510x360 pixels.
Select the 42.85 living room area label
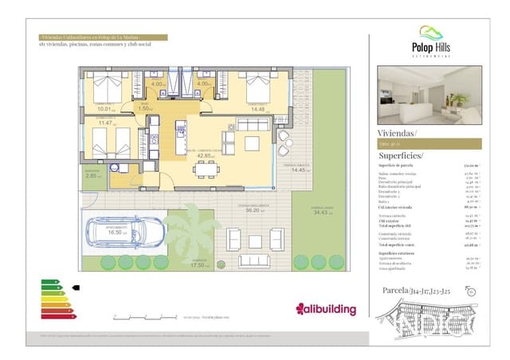pos(194,155)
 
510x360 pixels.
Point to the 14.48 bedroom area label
pos(257,109)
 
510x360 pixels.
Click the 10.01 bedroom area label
pos(104,109)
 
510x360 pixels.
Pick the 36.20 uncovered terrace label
pos(253,211)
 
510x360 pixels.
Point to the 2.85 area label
pos(93,174)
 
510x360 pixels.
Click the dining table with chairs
pos(206,168)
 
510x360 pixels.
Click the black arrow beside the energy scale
pos(76,288)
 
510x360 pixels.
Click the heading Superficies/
pos(402,155)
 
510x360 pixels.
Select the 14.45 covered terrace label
pos(300,170)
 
